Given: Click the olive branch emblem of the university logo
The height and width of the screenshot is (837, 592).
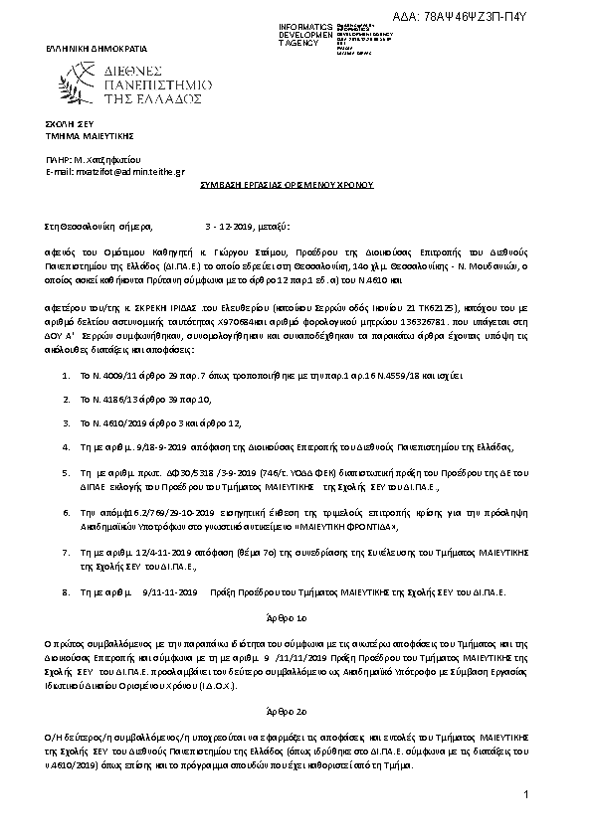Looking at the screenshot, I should click(x=80, y=84).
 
